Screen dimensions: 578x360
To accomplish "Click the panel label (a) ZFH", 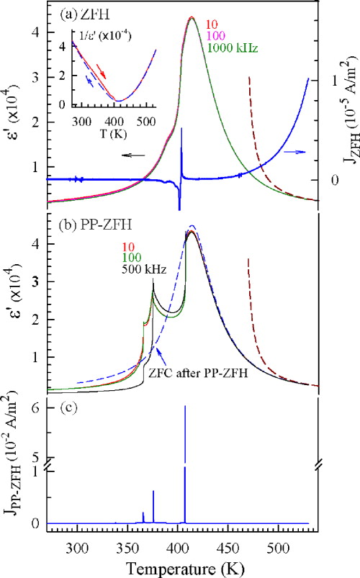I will (x=75, y=13).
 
